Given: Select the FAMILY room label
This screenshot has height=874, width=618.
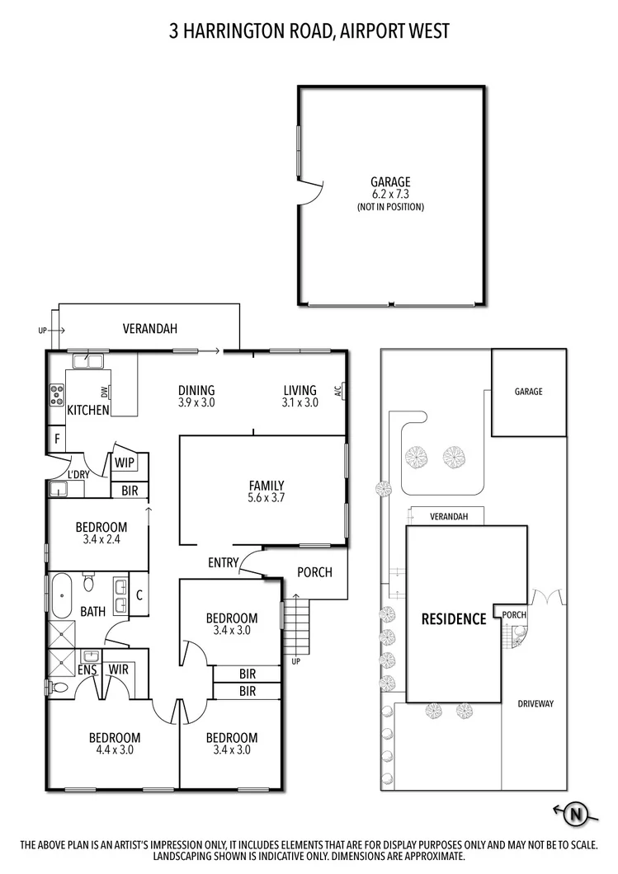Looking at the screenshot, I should (x=267, y=486).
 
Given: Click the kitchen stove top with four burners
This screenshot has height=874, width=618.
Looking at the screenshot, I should (x=57, y=395).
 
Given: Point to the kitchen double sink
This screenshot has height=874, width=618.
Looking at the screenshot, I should (x=86, y=361).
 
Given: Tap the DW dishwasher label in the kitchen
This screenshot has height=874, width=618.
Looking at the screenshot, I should (x=106, y=393).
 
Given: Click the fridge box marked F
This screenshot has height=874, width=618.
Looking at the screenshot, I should (x=56, y=439).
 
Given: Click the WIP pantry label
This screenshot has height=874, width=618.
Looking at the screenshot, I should (x=125, y=463).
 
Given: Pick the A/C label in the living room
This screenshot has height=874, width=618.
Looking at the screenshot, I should (x=338, y=391).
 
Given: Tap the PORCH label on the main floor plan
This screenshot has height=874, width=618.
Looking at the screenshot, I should (x=314, y=571).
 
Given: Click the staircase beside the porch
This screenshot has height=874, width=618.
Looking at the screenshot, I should (x=298, y=627).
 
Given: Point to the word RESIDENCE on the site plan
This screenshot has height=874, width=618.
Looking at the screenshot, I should (x=454, y=618).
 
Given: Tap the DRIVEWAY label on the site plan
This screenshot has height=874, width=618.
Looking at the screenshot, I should (x=535, y=703).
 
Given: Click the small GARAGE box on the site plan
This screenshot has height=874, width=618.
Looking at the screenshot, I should (x=529, y=392).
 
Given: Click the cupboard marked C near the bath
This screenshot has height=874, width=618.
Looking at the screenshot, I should (x=139, y=594).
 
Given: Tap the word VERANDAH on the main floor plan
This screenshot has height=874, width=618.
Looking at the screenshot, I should (x=150, y=328).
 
